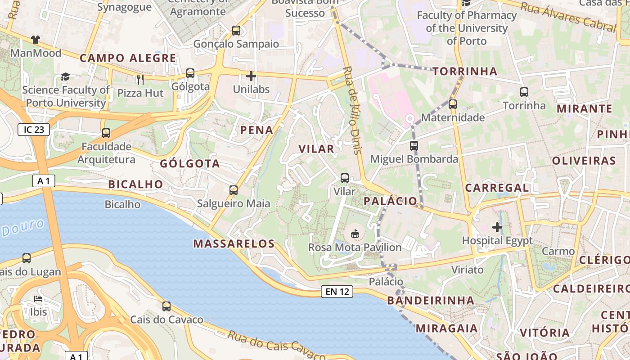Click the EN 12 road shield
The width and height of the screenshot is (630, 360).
(x=337, y=292)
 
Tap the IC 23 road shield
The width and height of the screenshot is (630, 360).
(x=34, y=130)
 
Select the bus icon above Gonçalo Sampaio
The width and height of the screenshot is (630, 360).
(x=236, y=31)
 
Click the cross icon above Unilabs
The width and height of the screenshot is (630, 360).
(x=251, y=76)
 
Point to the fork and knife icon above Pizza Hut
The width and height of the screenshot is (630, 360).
(x=140, y=80)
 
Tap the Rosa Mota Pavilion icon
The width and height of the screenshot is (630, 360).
(x=355, y=234)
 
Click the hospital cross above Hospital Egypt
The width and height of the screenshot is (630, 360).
(x=497, y=227)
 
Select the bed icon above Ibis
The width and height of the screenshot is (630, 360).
(x=38, y=299)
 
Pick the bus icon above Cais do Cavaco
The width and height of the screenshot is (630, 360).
(x=166, y=306)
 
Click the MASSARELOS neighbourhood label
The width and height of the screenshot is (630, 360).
(x=234, y=244)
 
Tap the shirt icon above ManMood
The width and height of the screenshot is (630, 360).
(x=36, y=40)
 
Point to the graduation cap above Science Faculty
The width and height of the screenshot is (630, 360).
(x=66, y=76)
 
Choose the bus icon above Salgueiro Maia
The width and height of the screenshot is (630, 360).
(x=234, y=190)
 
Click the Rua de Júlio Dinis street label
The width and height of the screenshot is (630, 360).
(x=352, y=110)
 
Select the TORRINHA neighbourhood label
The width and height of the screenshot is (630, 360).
(x=465, y=71)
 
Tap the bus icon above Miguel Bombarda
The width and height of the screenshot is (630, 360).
(x=414, y=146)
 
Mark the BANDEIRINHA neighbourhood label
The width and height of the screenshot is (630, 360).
(x=430, y=300)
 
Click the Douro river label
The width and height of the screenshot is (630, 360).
(x=22, y=228)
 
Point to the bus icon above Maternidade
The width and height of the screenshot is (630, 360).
(x=453, y=104)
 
